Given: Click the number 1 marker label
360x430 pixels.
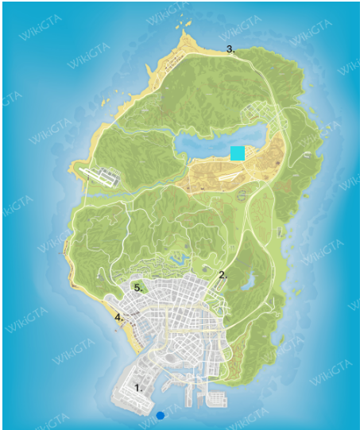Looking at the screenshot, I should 138,388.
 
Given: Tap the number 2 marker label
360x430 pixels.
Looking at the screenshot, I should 223,275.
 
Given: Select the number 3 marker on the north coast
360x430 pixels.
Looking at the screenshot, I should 230,49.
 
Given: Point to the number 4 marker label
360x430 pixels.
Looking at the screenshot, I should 118,317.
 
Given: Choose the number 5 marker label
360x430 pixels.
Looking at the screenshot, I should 137,288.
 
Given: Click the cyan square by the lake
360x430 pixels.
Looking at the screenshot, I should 237,153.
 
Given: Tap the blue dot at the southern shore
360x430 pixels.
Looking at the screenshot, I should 161,415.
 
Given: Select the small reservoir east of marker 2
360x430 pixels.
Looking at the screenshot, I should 248,282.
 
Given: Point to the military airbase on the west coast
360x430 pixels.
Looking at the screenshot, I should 102,176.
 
